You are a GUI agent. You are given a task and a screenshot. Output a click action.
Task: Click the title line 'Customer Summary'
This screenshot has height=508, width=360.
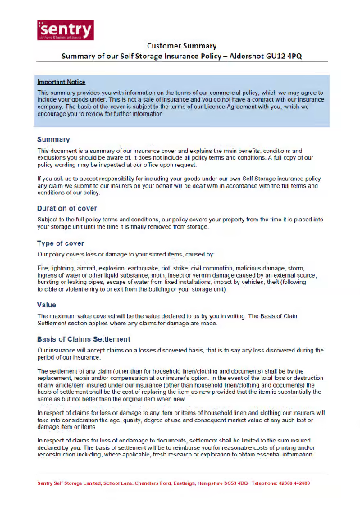point(180,47)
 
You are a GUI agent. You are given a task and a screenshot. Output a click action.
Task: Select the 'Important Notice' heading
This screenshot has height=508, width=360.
point(62,83)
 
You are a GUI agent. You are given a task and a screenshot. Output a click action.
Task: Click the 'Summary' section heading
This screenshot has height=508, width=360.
point(53,140)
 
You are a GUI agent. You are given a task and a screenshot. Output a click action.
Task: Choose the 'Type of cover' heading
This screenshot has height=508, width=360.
point(62,243)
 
